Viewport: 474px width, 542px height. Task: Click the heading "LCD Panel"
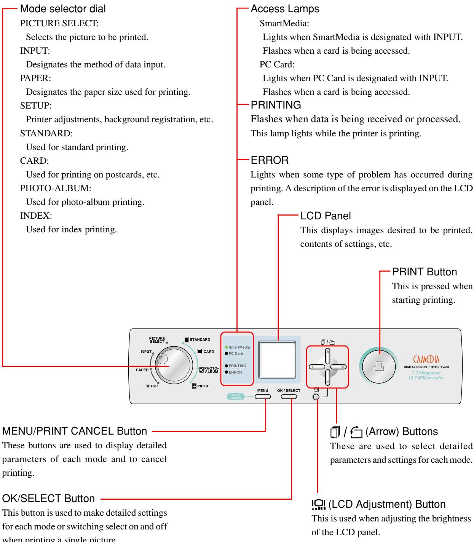[326, 216]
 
